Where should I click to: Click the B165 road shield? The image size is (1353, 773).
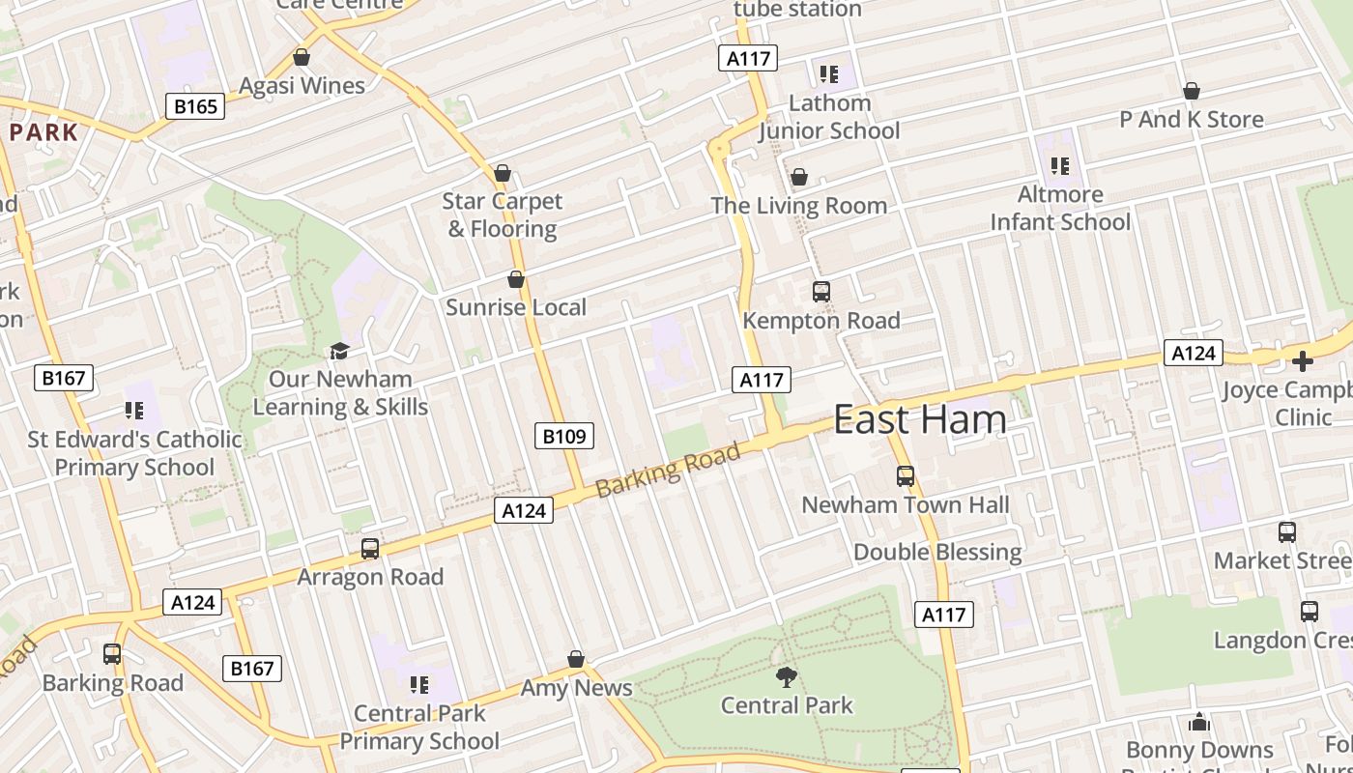click(195, 106)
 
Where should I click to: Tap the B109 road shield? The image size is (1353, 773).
click(563, 436)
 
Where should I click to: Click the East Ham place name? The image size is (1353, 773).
click(919, 419)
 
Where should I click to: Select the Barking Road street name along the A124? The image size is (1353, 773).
click(668, 470)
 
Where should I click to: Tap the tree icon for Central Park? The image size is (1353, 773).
click(787, 676)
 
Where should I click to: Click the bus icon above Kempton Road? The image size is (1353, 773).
click(820, 291)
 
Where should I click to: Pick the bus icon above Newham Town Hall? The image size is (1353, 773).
click(905, 475)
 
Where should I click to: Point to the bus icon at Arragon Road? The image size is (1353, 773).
click(369, 549)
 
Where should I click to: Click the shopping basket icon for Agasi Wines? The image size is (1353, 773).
click(302, 57)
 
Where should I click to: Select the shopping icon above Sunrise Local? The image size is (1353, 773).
click(516, 279)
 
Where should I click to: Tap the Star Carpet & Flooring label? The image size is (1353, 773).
click(503, 215)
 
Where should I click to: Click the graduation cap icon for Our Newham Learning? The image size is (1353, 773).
click(339, 350)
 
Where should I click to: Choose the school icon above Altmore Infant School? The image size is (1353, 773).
click(1060, 166)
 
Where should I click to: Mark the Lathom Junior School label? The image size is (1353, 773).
click(829, 117)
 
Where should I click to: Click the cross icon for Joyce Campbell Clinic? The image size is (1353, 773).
click(1303, 361)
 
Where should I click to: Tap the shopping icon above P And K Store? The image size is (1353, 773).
click(1192, 91)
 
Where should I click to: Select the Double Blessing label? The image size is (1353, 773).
click(937, 552)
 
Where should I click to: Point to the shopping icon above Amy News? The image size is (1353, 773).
click(576, 659)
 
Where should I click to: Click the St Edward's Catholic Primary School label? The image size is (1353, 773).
click(134, 453)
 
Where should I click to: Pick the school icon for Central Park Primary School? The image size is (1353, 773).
click(418, 685)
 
